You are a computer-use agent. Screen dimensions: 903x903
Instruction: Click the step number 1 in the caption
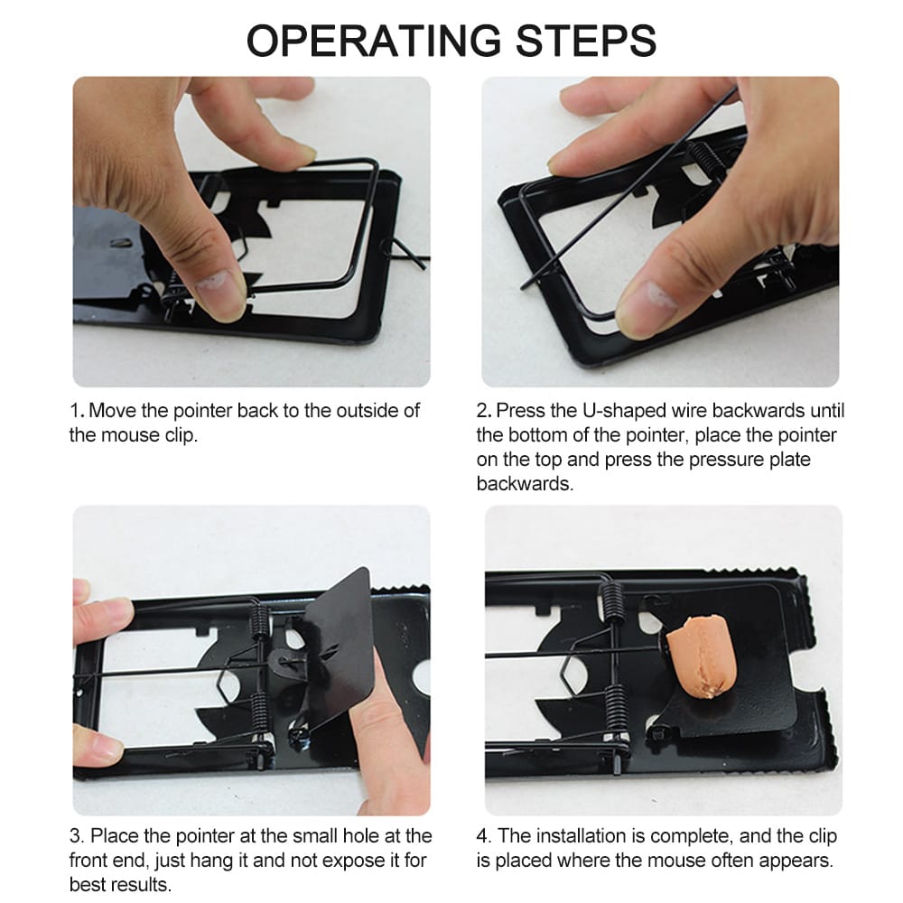pos(74,411)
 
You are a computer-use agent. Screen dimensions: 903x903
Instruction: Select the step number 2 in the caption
pos(482,411)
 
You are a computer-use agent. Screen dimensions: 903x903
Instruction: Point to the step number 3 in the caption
pos(75,836)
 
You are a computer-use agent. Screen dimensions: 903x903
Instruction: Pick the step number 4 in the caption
pos(483,836)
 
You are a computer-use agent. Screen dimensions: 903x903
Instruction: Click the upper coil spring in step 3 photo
pos(258,619)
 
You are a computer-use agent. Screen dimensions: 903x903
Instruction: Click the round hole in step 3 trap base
pos(422,674)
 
